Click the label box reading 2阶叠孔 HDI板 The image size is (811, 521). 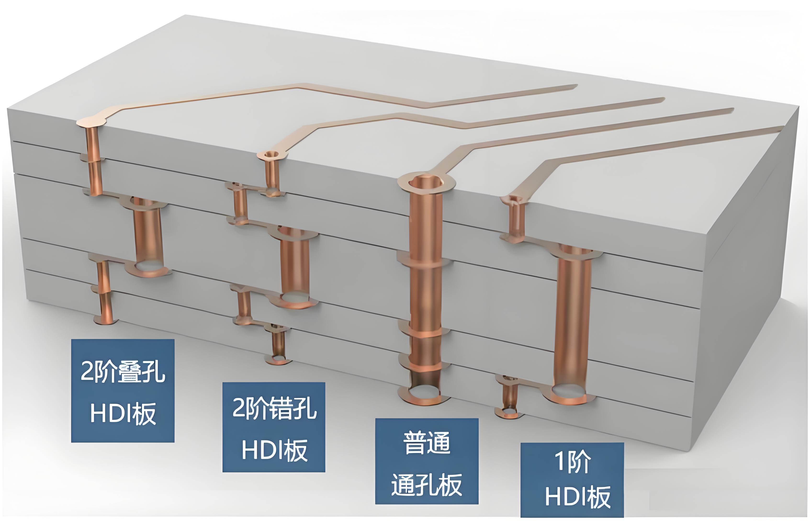(122, 391)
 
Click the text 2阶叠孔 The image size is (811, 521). (122, 371)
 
